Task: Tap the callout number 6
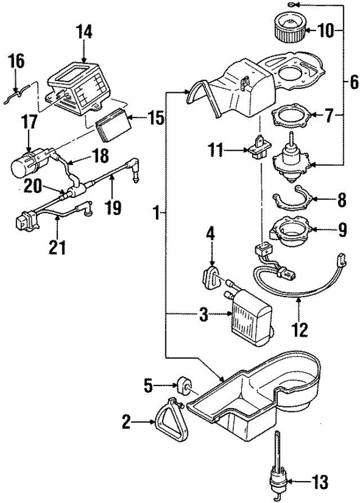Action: [x=352, y=82]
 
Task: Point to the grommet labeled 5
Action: [x=183, y=387]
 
